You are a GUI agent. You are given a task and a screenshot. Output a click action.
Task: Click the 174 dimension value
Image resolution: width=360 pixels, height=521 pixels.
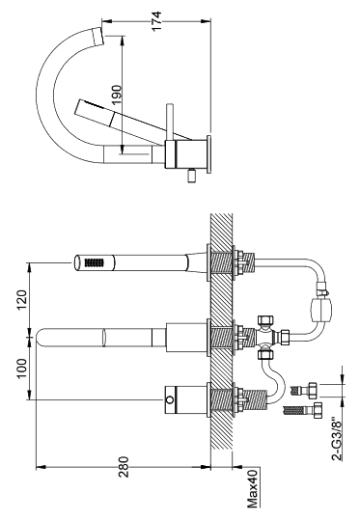tap(156, 21)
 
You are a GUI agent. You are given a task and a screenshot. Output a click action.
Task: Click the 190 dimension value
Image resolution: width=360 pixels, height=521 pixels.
tap(117, 95)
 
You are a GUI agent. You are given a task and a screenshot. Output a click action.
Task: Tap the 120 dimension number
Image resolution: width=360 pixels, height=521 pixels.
tap(21, 299)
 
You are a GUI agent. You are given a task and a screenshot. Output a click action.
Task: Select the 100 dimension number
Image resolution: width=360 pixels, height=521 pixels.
tap(21, 369)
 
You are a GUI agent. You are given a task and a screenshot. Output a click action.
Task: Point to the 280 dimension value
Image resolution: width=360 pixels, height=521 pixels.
tap(124, 467)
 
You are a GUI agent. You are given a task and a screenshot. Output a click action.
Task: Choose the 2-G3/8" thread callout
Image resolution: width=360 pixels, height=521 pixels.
tap(337, 440)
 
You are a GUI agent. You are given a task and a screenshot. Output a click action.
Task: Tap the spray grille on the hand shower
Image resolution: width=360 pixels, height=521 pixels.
tap(93, 262)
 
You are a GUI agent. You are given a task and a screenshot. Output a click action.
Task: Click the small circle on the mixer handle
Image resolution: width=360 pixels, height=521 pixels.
tap(170, 399)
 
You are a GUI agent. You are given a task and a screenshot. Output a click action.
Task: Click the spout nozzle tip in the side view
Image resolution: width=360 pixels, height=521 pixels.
tap(97, 37)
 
